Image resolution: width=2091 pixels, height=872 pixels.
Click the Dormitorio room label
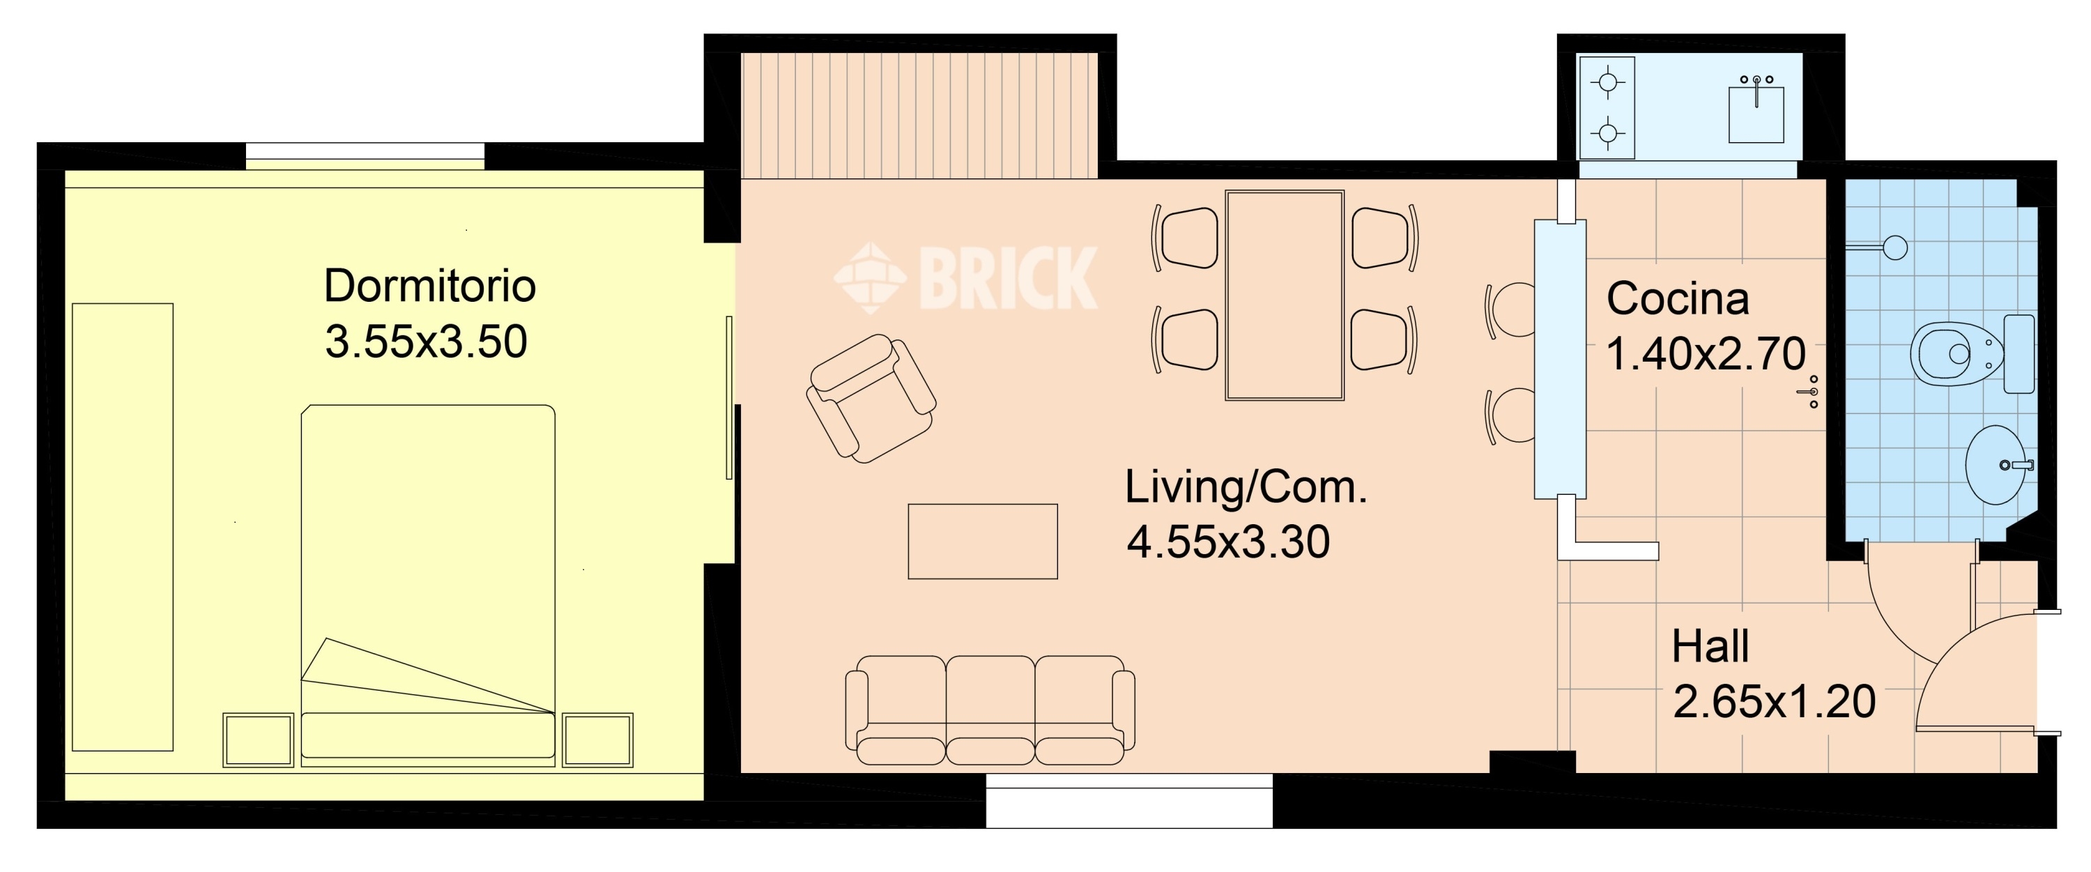pos(429,286)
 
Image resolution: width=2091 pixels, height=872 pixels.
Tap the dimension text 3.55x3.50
pos(426,341)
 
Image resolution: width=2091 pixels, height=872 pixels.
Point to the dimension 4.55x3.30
pos(1228,542)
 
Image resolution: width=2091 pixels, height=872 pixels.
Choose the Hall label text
pos(1710,646)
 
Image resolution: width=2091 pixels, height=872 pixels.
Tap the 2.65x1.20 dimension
pos(1774,701)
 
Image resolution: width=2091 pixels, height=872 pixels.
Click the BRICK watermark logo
pos(966,277)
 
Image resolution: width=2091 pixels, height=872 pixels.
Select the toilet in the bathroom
pos(1971,354)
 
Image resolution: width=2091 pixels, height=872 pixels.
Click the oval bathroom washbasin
pos(1996,465)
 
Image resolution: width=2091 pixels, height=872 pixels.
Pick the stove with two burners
pos(1607,108)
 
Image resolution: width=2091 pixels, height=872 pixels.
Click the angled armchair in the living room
pos(871,399)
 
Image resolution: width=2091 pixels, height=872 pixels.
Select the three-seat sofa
pos(990,710)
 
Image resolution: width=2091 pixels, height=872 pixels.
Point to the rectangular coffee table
pos(982,542)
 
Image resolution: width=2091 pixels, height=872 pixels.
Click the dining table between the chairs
pos(1284,296)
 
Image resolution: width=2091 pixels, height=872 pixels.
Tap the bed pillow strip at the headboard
pos(428,735)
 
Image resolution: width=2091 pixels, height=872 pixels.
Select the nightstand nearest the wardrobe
pos(258,740)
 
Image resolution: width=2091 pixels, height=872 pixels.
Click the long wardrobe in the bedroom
pos(123,527)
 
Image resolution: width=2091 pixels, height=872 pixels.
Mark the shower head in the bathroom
pos(1894,247)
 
